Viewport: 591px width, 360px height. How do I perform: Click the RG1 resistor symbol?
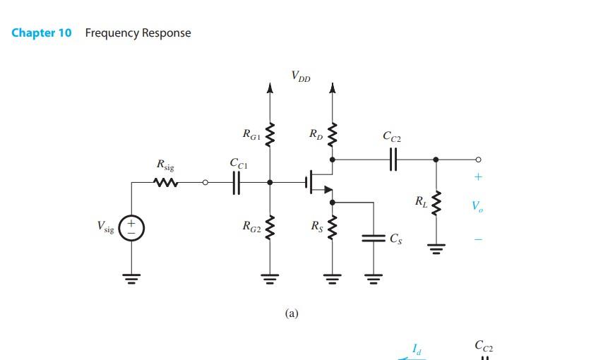click(268, 133)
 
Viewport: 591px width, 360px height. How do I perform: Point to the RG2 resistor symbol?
click(268, 227)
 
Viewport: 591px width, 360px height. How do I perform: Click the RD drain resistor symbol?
click(333, 133)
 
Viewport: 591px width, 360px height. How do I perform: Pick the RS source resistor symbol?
click(333, 227)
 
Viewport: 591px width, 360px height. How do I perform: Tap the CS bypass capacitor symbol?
click(374, 238)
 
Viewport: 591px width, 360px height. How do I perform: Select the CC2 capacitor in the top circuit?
click(393, 159)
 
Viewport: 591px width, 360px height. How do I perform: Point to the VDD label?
click(300, 76)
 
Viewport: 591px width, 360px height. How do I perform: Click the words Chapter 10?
click(42, 33)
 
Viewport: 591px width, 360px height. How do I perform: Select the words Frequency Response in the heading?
click(138, 33)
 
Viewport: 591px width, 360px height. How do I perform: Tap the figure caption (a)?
click(292, 313)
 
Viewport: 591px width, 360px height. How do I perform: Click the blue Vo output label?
click(478, 206)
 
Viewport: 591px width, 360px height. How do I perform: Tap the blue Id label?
click(417, 348)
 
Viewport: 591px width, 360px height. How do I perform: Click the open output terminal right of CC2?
click(478, 159)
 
